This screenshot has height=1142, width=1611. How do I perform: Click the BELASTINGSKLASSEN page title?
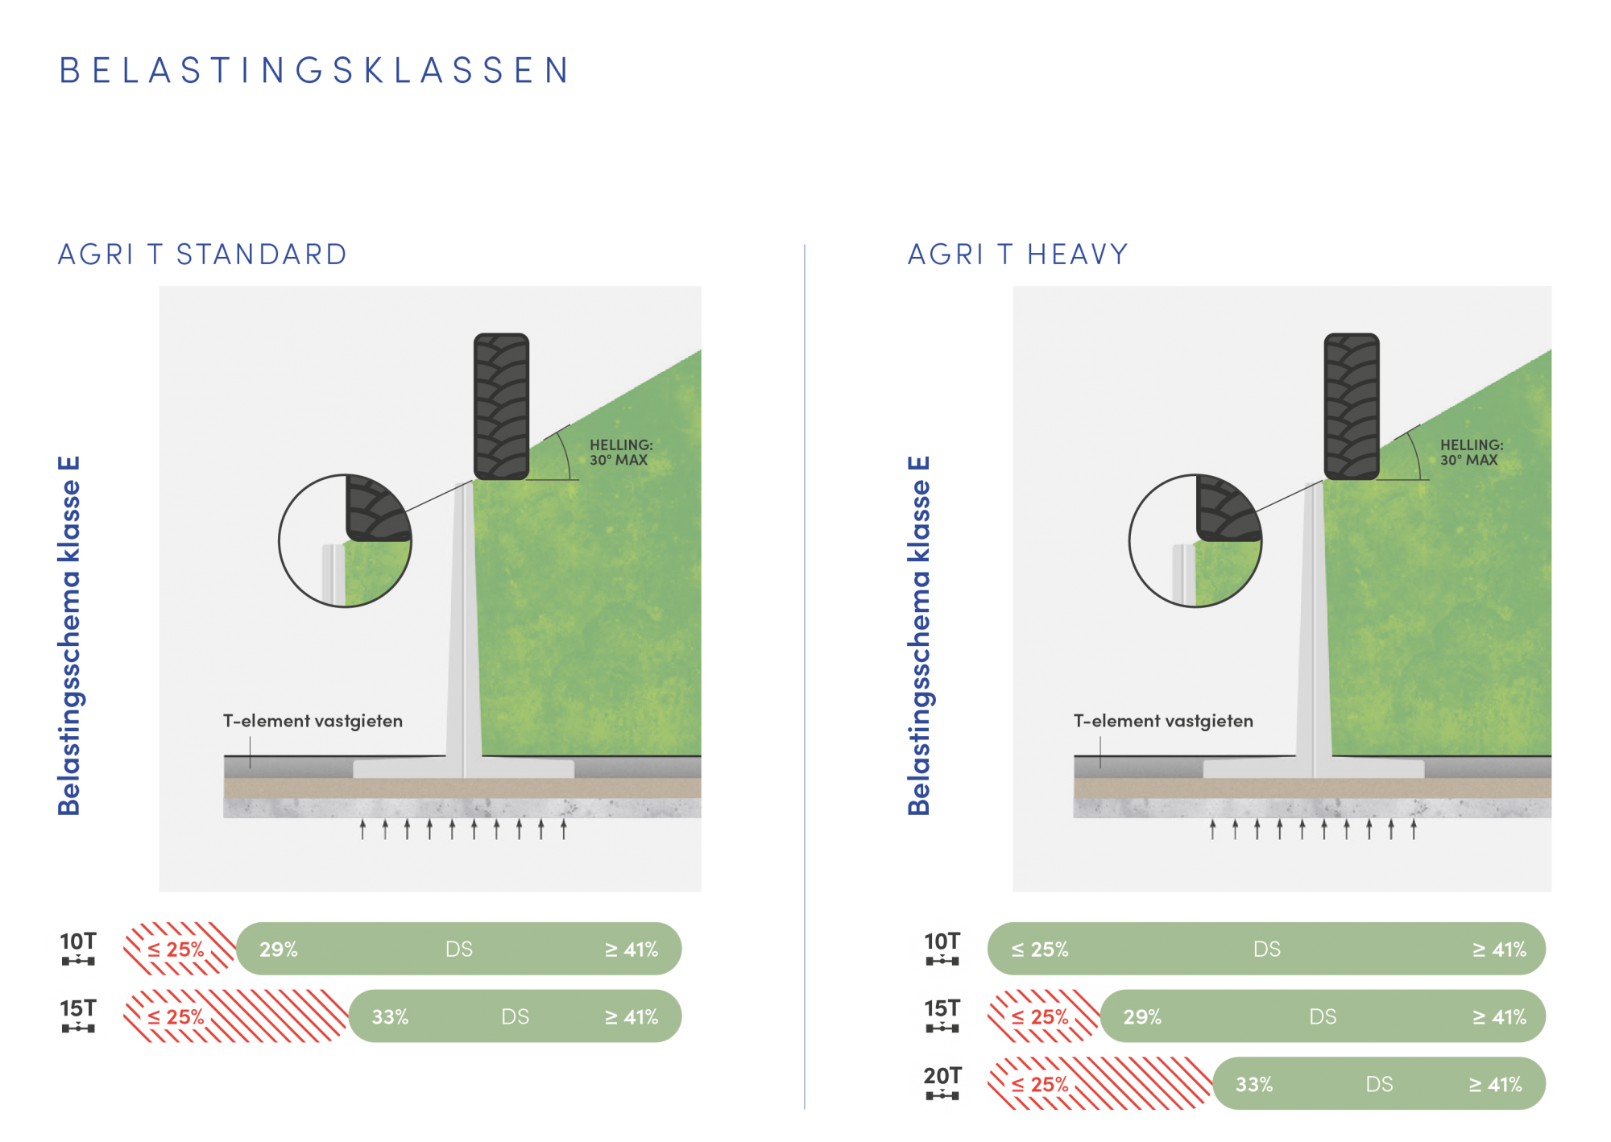[314, 70]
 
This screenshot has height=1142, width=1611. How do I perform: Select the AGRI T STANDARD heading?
[202, 254]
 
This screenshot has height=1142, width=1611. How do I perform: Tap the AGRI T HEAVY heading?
[1017, 254]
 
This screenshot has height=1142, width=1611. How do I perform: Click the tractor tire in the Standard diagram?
[501, 406]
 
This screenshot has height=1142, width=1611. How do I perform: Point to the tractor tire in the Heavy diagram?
[1352, 406]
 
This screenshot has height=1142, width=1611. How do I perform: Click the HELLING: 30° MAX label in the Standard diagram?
[620, 453]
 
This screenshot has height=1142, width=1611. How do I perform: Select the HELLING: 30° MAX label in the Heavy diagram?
[1471, 453]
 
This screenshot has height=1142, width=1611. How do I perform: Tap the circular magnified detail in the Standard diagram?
[345, 540]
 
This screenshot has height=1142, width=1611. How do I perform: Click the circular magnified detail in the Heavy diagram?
[1195, 540]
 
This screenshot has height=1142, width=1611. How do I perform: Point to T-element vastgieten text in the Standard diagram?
[313, 721]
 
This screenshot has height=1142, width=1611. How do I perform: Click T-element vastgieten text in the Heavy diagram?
[1163, 721]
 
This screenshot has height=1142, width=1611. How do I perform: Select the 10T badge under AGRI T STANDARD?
[78, 949]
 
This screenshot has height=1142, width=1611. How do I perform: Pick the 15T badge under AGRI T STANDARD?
[78, 1016]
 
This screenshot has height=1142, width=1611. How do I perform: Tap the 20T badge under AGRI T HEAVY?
[942, 1083]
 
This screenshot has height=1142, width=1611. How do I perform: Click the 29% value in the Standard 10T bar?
[279, 950]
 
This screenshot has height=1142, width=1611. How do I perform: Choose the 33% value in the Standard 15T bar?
[390, 1017]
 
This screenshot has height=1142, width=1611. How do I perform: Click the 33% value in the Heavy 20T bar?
[1254, 1085]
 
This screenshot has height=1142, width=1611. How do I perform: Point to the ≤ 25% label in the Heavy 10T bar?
[1040, 950]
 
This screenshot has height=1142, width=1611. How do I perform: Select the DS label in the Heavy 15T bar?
[1323, 1017]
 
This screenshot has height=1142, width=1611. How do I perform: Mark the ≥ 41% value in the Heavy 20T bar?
[1496, 1085]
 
